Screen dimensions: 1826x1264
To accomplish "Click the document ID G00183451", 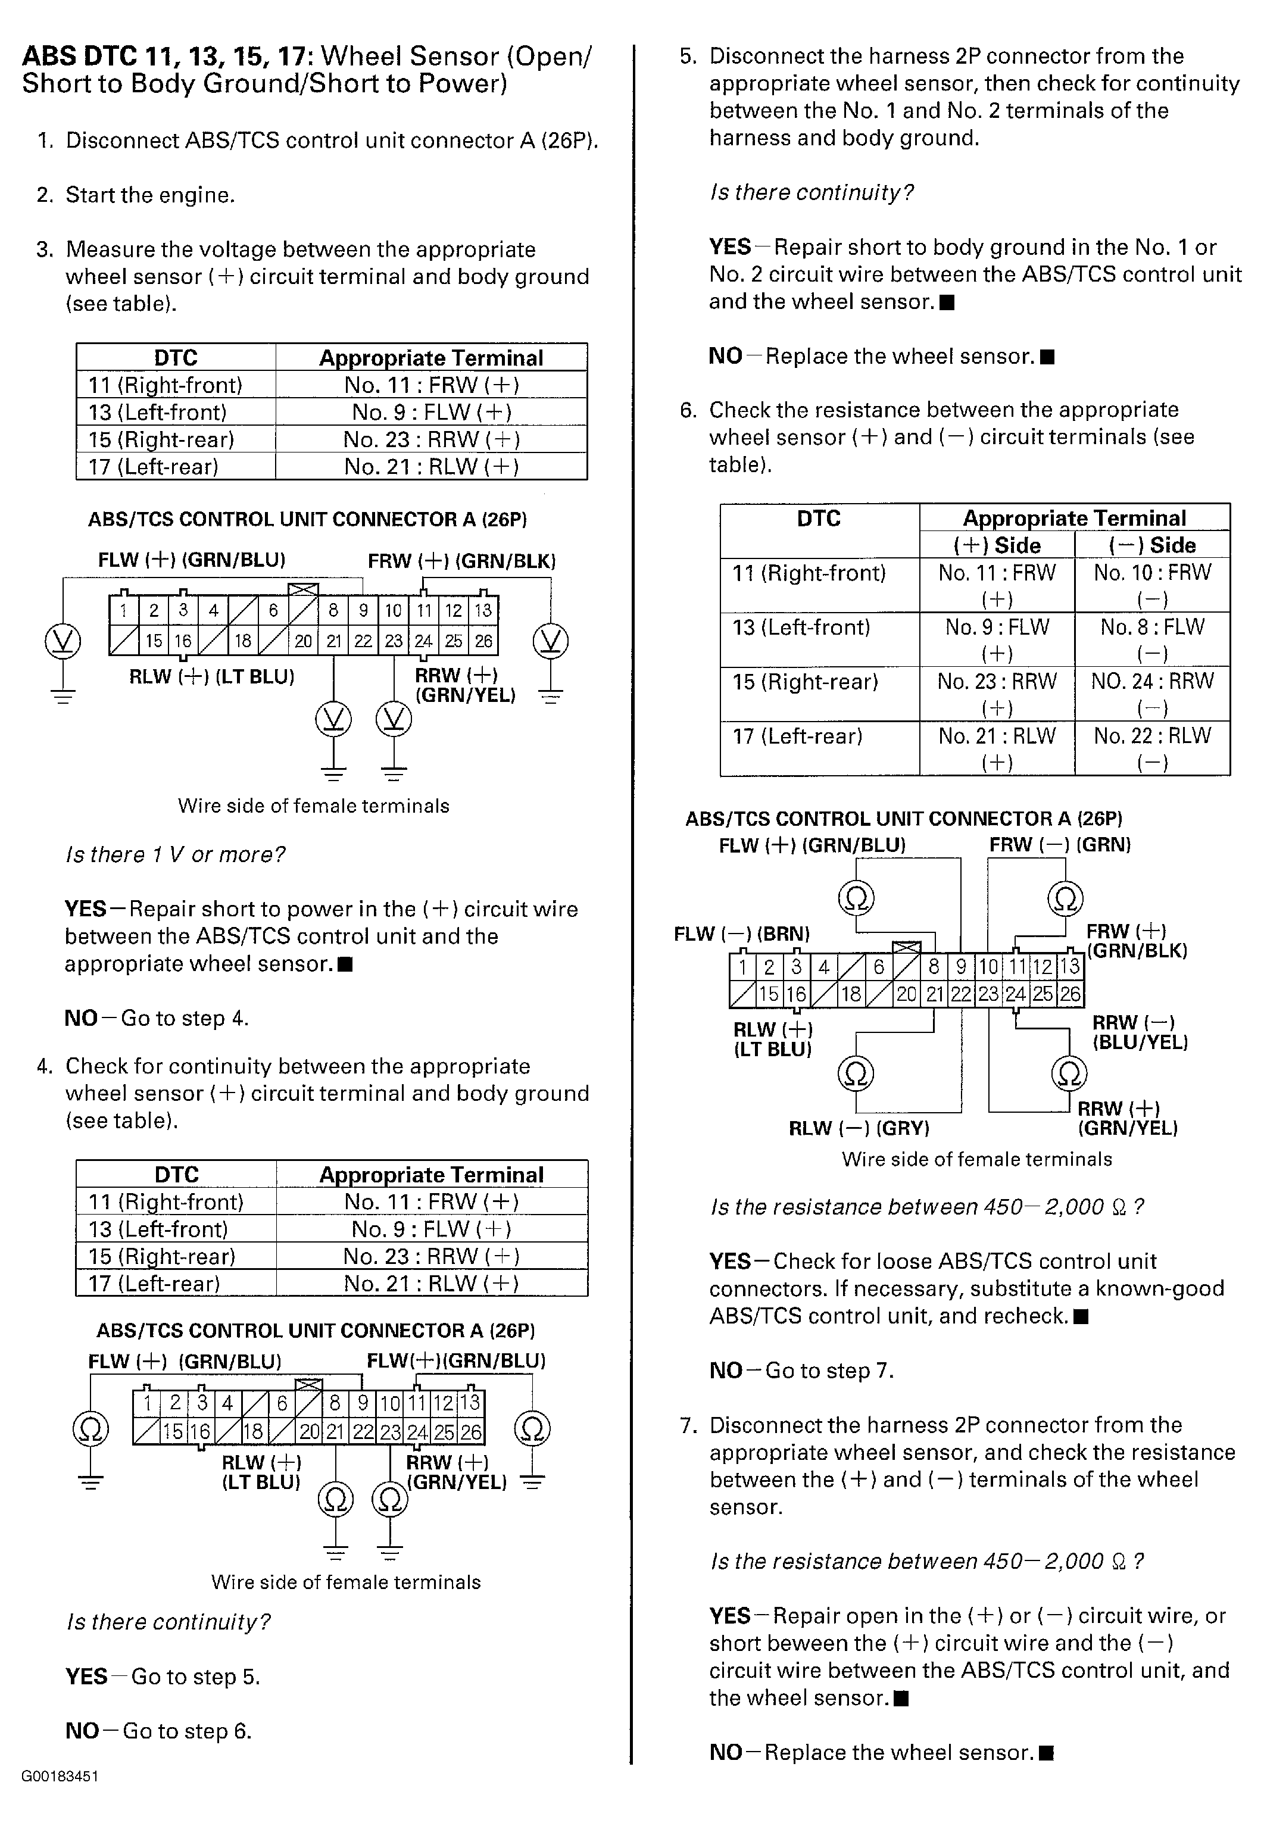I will [60, 1776].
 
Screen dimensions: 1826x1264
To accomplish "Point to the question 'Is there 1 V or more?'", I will [175, 854].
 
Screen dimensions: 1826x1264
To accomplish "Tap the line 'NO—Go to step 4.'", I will [157, 1017].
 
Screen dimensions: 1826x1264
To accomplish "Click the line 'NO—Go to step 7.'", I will [801, 1370].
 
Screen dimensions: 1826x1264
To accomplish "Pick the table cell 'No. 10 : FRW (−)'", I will [1151, 585].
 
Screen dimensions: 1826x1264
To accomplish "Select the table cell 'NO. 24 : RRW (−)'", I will [1151, 694].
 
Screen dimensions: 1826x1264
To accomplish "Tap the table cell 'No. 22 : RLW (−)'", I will [1151, 748].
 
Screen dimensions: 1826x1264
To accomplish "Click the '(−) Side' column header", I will [1151, 545].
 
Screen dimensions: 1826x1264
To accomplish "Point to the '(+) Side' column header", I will [996, 545].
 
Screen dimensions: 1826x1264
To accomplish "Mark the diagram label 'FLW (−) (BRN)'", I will [741, 934].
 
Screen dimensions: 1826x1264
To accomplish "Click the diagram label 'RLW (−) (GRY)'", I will [859, 1128].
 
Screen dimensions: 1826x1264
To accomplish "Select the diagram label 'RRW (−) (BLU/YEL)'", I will [1140, 1032].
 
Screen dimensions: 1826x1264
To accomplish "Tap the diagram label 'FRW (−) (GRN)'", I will [1059, 845].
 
